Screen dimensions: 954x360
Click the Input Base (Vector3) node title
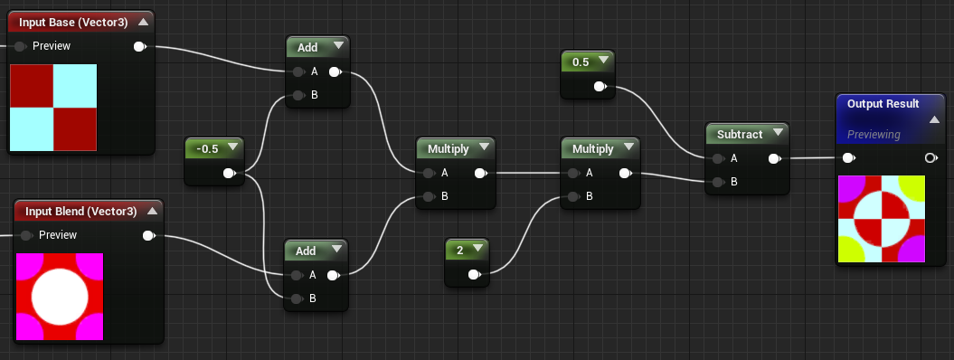[x=73, y=23]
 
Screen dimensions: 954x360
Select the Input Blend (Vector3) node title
[x=80, y=212]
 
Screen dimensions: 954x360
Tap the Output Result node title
[x=883, y=104]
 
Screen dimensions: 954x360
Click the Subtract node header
[x=739, y=135]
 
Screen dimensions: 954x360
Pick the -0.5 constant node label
[x=207, y=149]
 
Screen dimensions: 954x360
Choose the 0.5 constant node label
[x=581, y=62]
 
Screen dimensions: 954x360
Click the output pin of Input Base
[x=140, y=46]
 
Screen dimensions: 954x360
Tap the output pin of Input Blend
[x=148, y=235]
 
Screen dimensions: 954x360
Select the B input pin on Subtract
[x=718, y=182]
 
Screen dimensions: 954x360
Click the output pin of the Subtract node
[x=775, y=158]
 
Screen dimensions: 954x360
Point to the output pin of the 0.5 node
[x=600, y=87]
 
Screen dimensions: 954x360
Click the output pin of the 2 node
[x=474, y=275]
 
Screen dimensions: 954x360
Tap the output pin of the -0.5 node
[x=229, y=174]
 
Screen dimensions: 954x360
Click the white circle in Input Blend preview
[x=60, y=297]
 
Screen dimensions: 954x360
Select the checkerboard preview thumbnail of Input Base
[x=53, y=107]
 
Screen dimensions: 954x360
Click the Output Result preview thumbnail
[x=882, y=219]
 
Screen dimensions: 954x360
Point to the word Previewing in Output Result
[x=874, y=135]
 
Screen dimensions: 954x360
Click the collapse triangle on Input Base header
[x=144, y=22]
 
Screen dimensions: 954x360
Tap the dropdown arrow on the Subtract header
[x=778, y=132]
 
